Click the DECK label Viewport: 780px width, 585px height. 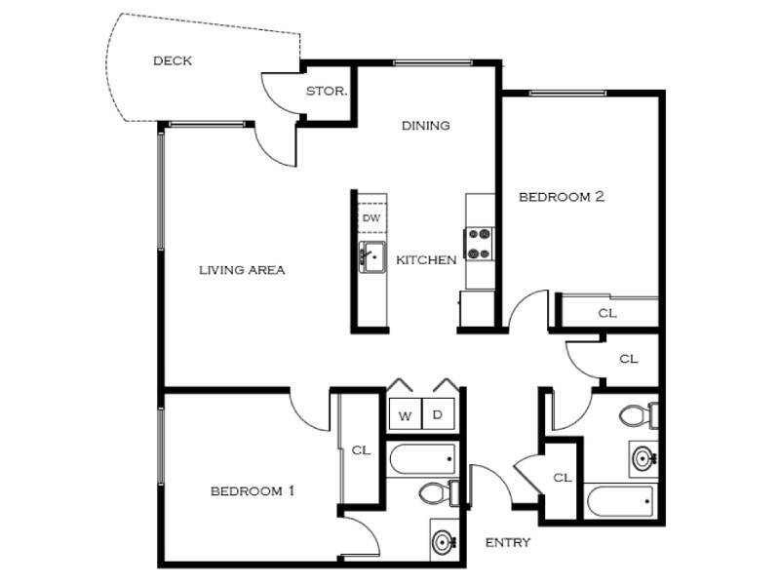[173, 60]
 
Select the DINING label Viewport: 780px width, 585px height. [426, 125]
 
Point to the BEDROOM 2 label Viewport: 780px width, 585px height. [561, 196]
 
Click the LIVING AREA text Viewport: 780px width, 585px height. [242, 270]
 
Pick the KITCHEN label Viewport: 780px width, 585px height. [426, 260]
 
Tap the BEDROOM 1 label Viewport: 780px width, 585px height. [252, 490]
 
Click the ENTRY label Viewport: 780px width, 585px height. [507, 542]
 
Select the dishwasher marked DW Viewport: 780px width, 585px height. [371, 217]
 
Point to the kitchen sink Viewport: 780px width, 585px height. [371, 258]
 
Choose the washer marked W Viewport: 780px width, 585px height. [404, 414]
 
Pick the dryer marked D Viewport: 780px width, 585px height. [438, 414]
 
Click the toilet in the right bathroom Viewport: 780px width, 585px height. [640, 416]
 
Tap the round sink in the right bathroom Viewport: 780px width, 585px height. [643, 457]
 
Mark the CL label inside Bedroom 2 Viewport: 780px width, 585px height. [607, 313]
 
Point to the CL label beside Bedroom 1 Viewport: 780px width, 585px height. [361, 450]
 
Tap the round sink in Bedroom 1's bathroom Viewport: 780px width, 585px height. [444, 540]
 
